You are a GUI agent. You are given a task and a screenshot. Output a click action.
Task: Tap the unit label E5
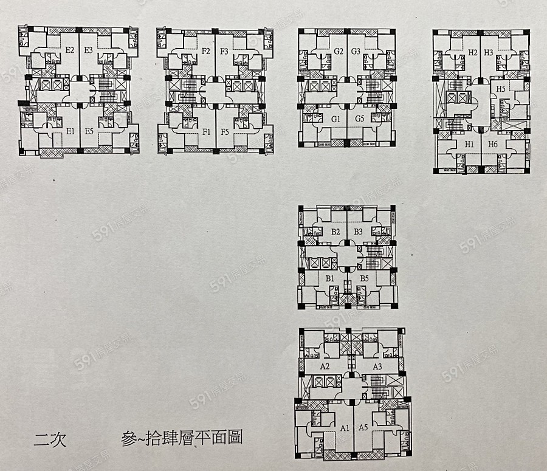[x=89, y=131]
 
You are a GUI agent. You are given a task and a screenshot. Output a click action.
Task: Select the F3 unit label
[x=223, y=51]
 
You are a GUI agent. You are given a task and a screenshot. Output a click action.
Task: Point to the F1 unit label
[x=206, y=131]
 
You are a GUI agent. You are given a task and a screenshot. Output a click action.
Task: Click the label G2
[x=339, y=51]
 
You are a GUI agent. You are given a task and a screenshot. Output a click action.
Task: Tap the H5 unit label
[x=501, y=89]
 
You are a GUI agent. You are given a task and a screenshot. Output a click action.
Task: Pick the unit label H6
[x=493, y=144]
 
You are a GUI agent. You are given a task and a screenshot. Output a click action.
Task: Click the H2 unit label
[x=473, y=52]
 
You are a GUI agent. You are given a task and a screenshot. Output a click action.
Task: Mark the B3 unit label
[x=358, y=232]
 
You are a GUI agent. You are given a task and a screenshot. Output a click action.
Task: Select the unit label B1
[x=331, y=278]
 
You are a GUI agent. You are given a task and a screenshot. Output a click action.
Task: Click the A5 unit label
[x=363, y=428]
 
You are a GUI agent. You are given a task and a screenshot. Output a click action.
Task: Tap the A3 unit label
[x=377, y=366]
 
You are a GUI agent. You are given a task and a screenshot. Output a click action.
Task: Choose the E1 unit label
[x=71, y=131]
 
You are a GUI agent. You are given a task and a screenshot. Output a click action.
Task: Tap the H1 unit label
[x=469, y=144]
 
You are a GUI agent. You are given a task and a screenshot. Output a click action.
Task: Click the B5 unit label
[x=364, y=278]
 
